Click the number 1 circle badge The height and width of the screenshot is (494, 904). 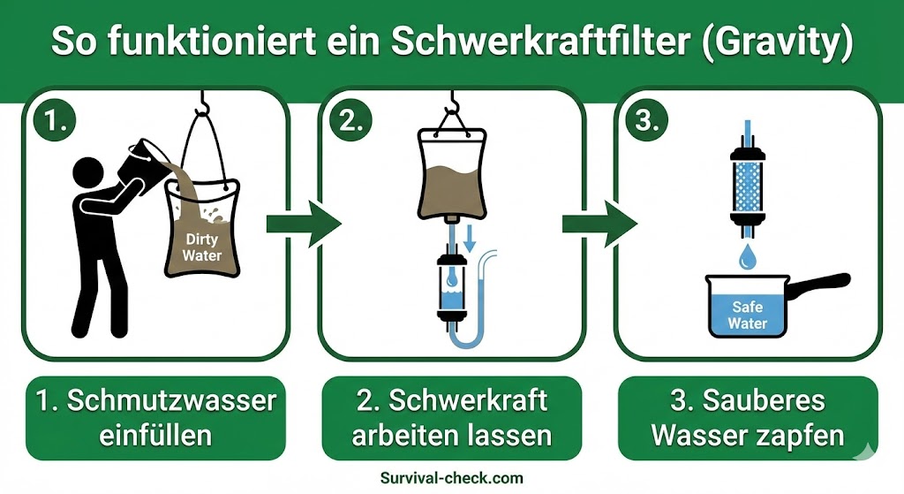pyautogui.click(x=55, y=122)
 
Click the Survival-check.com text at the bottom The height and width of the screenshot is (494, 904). pyautogui.click(x=451, y=478)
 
